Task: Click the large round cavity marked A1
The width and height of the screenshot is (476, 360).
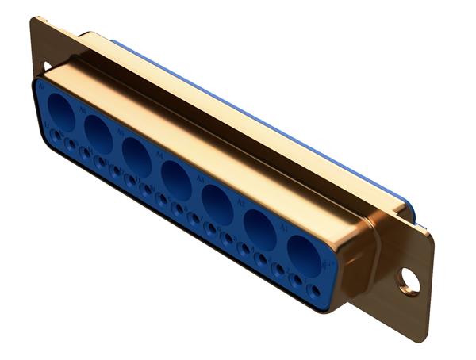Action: [x=305, y=254]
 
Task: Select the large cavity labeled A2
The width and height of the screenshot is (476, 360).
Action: [x=260, y=232]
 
